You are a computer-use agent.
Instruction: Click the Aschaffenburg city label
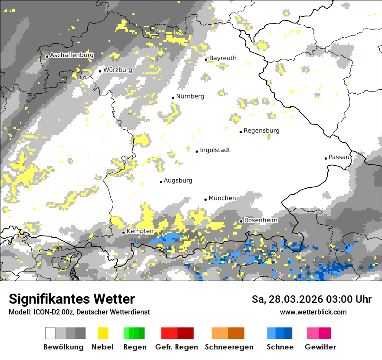pos(72,56)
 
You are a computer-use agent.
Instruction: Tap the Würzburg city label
pos(118,69)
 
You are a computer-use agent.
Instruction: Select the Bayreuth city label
pos(223,58)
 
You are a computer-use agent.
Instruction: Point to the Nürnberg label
pos(190,96)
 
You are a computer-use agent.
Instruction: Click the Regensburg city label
pos(261,131)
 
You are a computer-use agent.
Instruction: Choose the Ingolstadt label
pos(215,150)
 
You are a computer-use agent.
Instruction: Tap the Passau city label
pos(339,157)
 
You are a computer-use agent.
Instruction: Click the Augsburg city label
pos(178,180)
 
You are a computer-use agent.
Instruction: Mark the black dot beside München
pos(206,200)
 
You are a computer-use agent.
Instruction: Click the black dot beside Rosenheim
pos(241,221)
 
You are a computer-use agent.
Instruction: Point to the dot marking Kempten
pos(123,232)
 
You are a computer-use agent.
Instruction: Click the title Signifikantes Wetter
pos(72,299)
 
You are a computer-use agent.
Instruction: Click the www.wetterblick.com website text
pos(313,312)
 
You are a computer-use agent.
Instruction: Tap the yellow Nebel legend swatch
pos(103,333)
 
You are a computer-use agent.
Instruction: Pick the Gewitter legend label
pos(320,347)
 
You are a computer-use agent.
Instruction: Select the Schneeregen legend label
pos(229,347)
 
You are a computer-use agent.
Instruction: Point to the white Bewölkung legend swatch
pos(50,333)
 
